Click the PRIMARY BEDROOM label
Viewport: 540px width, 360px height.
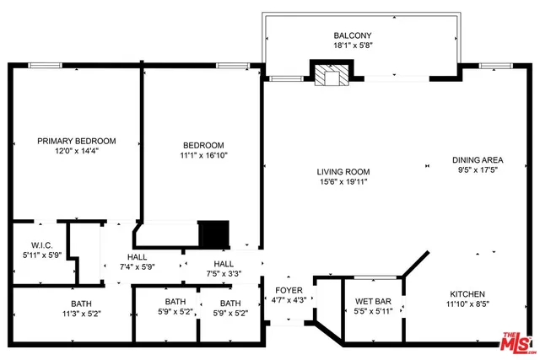coord(77,141)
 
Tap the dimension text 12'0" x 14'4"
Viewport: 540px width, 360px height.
coord(77,152)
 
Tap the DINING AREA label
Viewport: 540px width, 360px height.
coord(478,160)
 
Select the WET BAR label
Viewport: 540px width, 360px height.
coord(372,300)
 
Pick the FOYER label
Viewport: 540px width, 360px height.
coord(289,290)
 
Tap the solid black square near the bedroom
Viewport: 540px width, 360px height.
coord(213,233)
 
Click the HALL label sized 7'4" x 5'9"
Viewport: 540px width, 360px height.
coord(139,257)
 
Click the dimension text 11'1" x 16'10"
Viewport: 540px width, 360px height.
coord(203,155)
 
